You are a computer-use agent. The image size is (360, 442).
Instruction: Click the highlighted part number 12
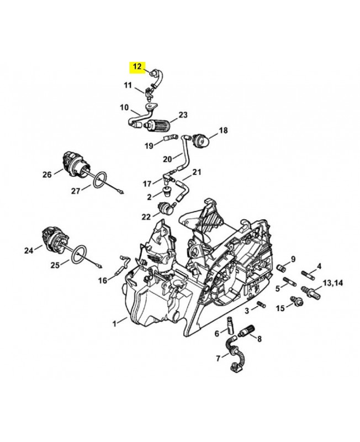(x=137, y=67)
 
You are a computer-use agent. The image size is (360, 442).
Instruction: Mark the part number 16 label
(x=103, y=280)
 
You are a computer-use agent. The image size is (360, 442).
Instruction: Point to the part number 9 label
(x=293, y=259)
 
